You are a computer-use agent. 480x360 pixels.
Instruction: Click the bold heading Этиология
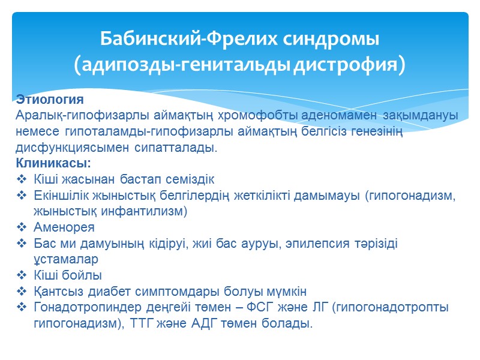pos(50,98)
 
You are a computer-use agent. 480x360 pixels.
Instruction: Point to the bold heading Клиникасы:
pos(53,163)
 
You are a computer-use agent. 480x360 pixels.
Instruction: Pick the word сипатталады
pos(180,147)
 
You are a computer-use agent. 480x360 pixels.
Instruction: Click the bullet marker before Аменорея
pos(22,228)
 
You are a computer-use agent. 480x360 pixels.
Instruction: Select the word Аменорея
pos(64,228)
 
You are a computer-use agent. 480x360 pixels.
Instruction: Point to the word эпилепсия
pos(320,244)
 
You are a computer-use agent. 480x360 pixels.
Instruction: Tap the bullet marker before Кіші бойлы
pos(22,276)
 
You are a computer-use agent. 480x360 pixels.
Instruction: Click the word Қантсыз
pos(57,292)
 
